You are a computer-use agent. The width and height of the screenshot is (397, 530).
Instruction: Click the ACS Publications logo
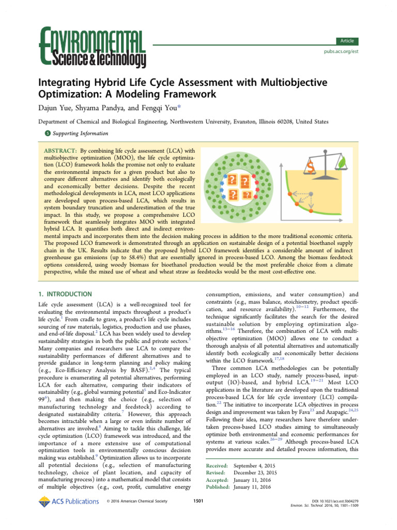click(68, 501)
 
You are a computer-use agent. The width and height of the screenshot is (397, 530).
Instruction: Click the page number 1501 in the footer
click(198, 501)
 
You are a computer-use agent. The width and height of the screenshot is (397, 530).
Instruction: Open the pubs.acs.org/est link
click(341, 52)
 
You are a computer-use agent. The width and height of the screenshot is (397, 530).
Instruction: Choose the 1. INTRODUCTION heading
click(66, 293)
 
